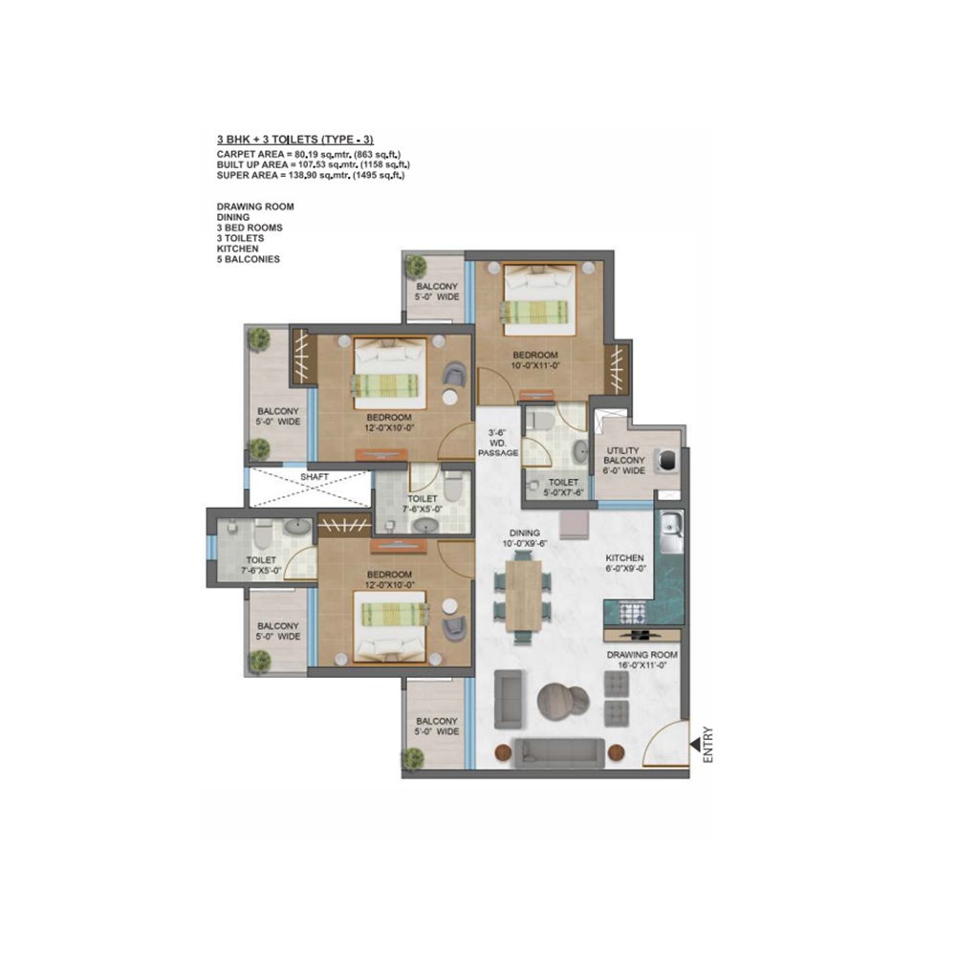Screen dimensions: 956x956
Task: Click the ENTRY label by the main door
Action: coord(708,745)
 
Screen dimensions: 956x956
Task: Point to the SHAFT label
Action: coord(315,475)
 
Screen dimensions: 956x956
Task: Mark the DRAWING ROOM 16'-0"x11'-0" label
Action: coord(642,661)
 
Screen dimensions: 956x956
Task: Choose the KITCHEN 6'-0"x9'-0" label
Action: coord(624,563)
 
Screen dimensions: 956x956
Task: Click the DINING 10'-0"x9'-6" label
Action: coord(525,538)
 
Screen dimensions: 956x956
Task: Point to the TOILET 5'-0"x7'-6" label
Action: coord(564,488)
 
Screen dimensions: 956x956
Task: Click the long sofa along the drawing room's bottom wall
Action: coord(558,752)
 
